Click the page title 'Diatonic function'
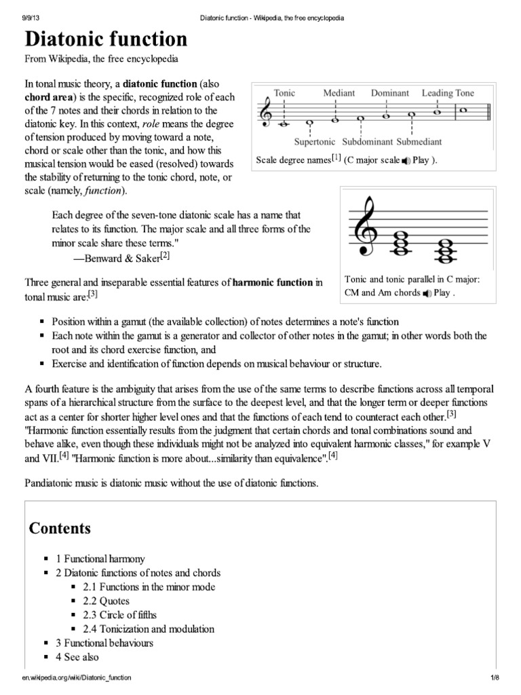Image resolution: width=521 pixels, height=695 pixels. [107, 39]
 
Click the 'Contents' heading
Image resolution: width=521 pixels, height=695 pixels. [60, 528]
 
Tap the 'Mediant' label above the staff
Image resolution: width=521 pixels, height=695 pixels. [339, 93]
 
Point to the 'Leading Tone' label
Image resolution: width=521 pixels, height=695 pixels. [448, 93]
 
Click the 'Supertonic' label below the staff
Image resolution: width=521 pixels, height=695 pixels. [316, 142]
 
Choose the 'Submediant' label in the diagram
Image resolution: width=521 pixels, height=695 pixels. [419, 142]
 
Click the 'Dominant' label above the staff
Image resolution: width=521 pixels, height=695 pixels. [390, 93]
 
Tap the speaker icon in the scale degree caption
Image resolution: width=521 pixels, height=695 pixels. [406, 161]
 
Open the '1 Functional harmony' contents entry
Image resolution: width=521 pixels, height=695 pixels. [100, 559]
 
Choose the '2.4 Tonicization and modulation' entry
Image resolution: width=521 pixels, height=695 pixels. [149, 629]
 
